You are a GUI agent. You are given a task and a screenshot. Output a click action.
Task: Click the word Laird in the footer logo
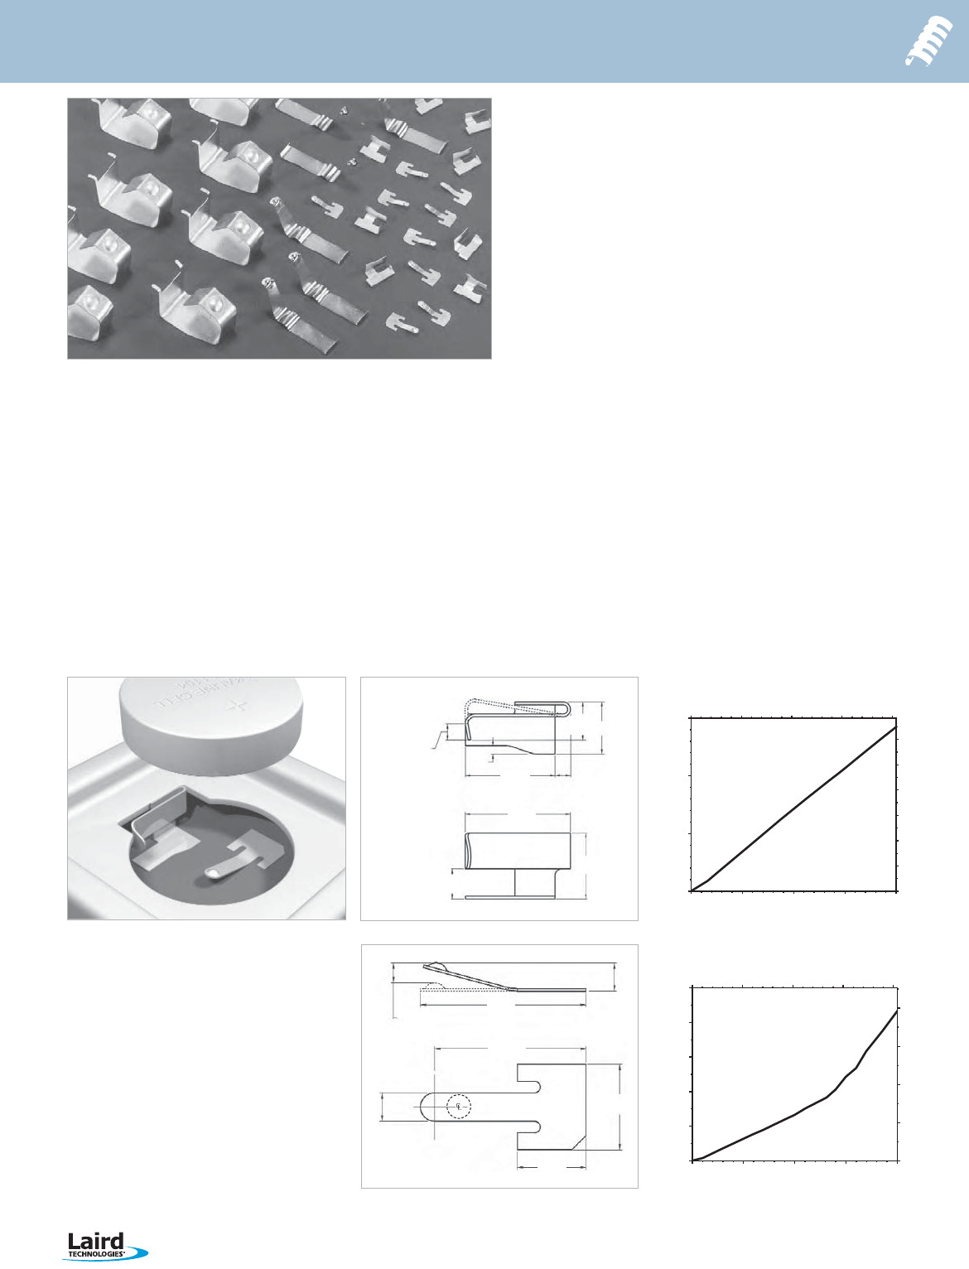point(95,1241)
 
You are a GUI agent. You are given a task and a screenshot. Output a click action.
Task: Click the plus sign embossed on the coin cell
point(239,707)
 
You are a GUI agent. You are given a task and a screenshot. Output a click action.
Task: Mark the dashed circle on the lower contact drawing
point(458,1106)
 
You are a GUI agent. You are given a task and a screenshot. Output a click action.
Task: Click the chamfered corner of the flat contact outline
point(577,1142)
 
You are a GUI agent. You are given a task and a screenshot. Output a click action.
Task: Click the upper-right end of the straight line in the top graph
point(895,728)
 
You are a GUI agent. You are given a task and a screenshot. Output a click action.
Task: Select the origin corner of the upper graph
point(692,891)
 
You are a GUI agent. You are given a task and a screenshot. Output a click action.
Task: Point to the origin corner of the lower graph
point(692,1160)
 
